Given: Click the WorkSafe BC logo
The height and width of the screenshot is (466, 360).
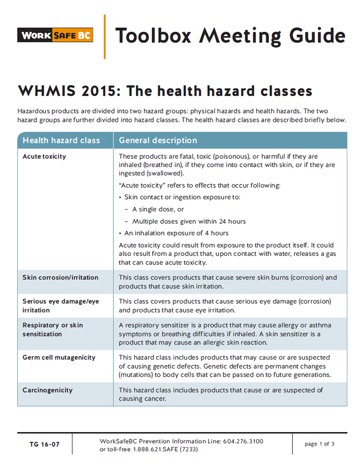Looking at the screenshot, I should point(55,35).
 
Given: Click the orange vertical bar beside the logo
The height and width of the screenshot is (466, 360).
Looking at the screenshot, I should point(105,37).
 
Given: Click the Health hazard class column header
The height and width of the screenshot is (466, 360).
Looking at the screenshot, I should point(61,140).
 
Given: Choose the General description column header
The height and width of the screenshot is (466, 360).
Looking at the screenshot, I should point(158,140).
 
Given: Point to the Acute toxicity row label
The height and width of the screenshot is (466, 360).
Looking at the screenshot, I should point(44,157).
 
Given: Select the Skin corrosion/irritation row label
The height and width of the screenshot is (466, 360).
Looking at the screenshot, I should point(60,278).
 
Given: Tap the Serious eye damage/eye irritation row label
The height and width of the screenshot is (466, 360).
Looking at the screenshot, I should point(60,305).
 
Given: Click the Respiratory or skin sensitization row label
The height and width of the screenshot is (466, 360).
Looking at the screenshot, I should point(52,329).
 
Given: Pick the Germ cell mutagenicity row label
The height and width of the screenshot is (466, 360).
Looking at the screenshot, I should point(59,357).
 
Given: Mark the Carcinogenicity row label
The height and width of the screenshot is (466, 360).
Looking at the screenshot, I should point(48,390).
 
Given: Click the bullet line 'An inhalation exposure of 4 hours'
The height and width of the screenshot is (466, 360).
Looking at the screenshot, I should point(176,233).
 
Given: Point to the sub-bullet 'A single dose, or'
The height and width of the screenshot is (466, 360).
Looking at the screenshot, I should point(158,210).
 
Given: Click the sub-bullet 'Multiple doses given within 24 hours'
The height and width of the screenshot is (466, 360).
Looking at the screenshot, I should point(189,222).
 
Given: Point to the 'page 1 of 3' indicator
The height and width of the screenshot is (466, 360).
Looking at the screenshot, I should point(319,444).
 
